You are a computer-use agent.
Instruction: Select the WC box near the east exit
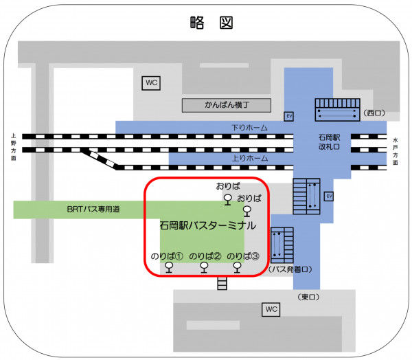pyautogui.click(x=271, y=310)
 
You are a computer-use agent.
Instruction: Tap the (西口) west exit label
pyautogui.click(x=376, y=113)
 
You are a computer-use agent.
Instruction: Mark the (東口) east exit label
pyautogui.click(x=310, y=296)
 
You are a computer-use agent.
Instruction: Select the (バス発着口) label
pyautogui.click(x=292, y=269)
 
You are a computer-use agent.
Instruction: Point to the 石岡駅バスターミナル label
pyautogui.click(x=207, y=225)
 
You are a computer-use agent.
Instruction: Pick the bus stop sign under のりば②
pyautogui.click(x=204, y=268)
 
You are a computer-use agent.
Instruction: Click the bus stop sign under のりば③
pyautogui.click(x=238, y=267)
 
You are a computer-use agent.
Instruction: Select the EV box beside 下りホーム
pyautogui.click(x=288, y=116)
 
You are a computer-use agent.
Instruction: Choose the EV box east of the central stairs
pyautogui.click(x=329, y=196)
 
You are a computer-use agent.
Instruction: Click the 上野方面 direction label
pyautogui.click(x=13, y=147)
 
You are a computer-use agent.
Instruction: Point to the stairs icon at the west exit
pyautogui.click(x=336, y=110)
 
